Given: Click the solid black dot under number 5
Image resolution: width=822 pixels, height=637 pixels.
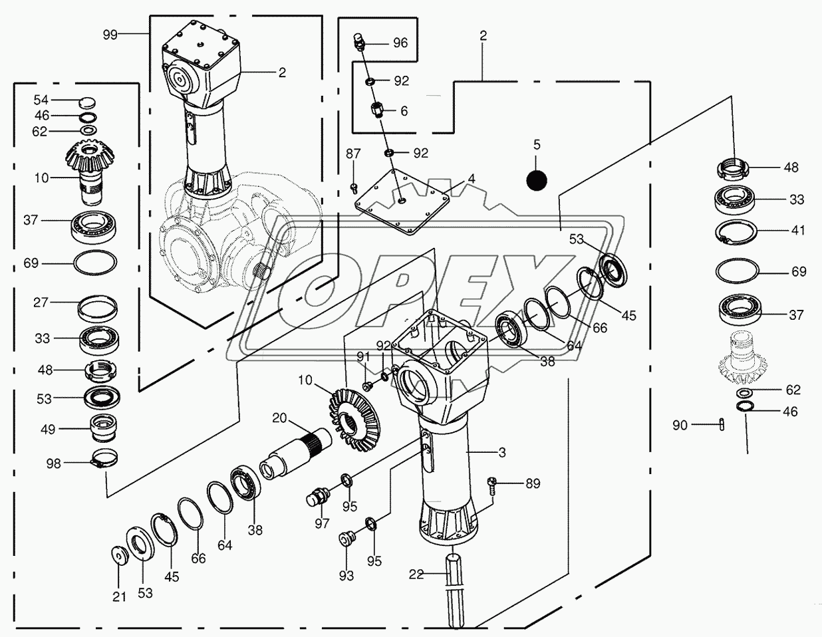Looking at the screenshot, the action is (x=537, y=180).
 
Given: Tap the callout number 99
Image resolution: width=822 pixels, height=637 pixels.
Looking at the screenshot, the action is (x=110, y=35).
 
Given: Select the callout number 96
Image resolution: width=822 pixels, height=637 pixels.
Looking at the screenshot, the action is (x=400, y=43).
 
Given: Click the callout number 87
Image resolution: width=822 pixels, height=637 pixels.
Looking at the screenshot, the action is (x=353, y=154).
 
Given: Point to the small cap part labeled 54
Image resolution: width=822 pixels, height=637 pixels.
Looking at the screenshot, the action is (x=87, y=102).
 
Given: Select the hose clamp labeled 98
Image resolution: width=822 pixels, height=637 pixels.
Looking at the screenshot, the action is (x=103, y=459).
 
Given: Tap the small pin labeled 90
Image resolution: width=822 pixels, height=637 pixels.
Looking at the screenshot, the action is (x=722, y=424).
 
